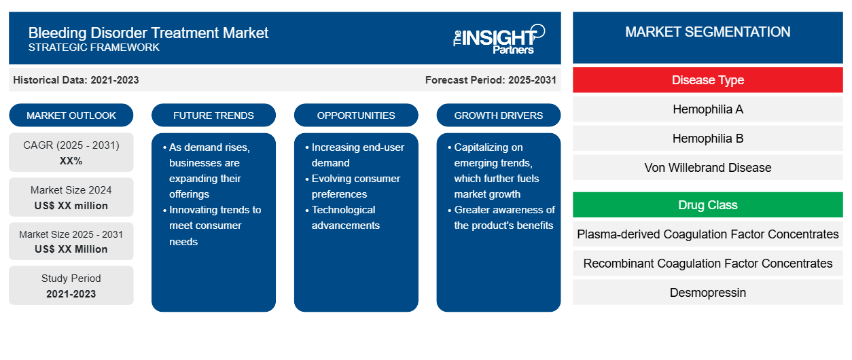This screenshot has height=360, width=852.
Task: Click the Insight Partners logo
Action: click(x=499, y=39)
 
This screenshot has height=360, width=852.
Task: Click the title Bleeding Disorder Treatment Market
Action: click(x=148, y=33)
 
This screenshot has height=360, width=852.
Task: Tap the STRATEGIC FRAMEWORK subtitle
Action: click(x=94, y=48)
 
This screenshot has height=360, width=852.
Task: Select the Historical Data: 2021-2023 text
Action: click(x=76, y=80)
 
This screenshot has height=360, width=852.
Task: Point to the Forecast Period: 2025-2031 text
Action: click(x=491, y=80)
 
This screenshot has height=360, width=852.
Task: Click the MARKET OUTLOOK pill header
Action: click(x=71, y=115)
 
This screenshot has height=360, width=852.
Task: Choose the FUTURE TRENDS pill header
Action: click(x=213, y=115)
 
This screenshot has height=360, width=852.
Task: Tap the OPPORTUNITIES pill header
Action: click(x=356, y=115)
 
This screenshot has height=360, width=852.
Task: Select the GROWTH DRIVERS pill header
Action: click(x=498, y=115)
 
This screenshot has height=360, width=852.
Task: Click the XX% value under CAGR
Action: click(x=71, y=161)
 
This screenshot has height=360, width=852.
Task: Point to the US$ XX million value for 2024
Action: click(x=71, y=206)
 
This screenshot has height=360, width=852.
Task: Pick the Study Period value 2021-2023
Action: click(x=71, y=294)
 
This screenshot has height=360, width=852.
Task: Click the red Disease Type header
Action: click(x=707, y=80)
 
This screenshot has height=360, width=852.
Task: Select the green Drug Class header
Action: click(x=707, y=205)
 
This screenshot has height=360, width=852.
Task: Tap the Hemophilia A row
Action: click(x=707, y=109)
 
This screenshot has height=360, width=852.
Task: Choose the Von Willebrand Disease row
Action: click(x=707, y=167)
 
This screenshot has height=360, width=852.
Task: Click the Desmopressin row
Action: click(x=707, y=292)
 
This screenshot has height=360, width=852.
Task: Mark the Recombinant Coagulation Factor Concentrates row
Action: click(x=707, y=263)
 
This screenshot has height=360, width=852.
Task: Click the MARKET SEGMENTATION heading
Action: click(x=707, y=32)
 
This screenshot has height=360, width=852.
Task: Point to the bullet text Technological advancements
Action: click(x=345, y=217)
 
